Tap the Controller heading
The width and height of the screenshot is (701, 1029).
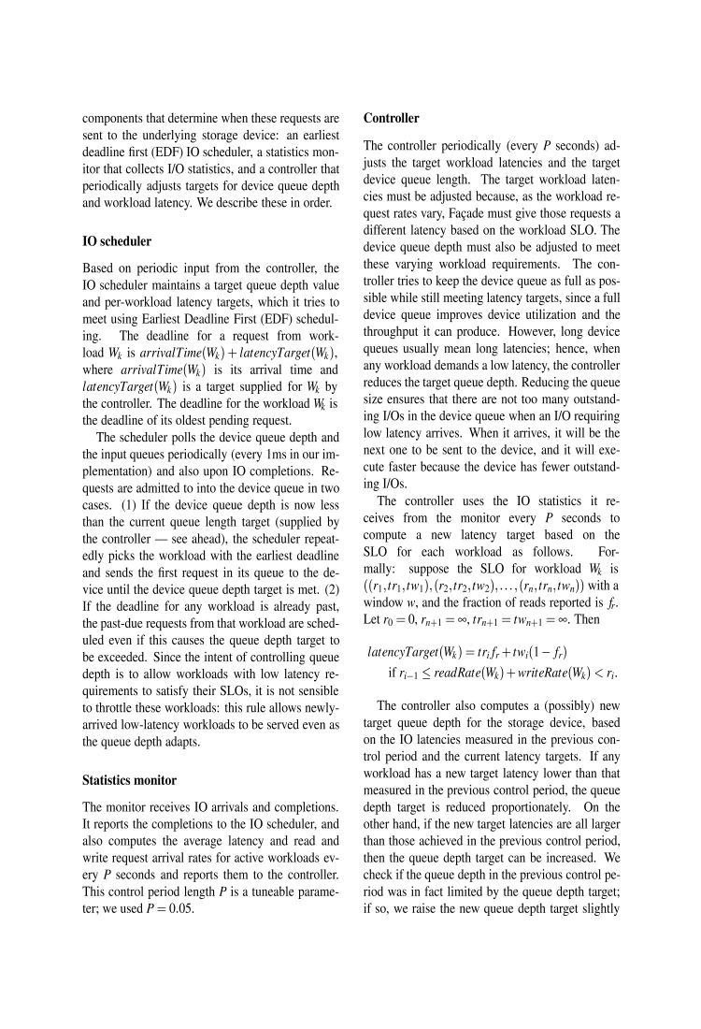pos(392,119)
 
